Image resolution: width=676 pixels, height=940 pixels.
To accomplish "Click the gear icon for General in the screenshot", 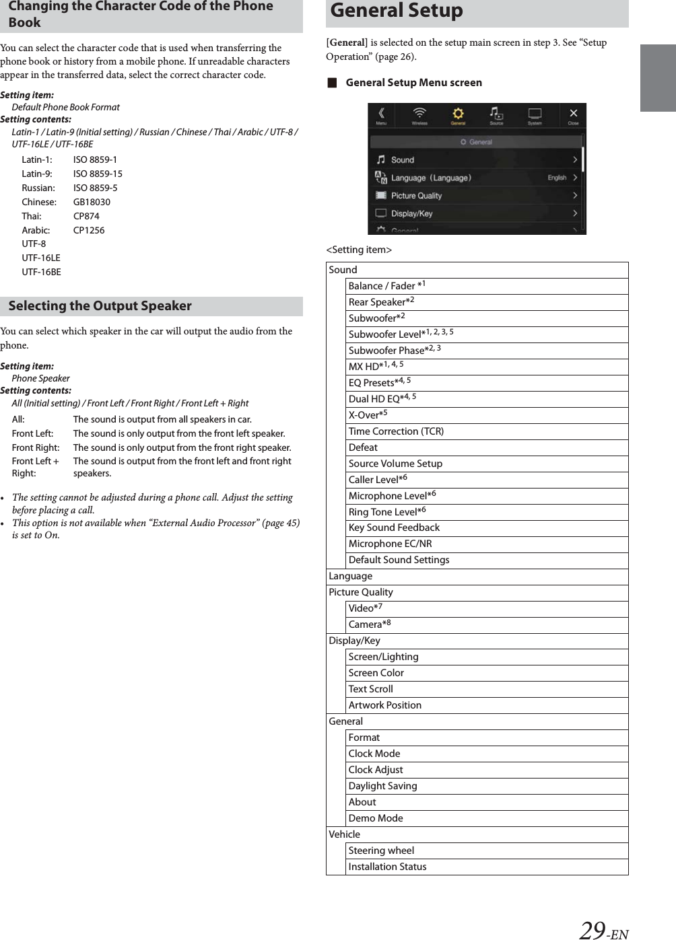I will tap(458, 114).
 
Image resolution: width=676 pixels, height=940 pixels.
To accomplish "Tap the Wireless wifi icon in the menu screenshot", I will tap(419, 114).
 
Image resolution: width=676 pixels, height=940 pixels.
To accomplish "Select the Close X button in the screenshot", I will tap(573, 114).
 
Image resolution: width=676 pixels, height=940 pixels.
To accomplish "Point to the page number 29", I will tap(592, 930).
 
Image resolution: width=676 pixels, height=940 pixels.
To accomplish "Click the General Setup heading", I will tap(397, 11).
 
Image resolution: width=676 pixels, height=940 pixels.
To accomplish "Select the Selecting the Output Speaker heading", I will tap(100, 306).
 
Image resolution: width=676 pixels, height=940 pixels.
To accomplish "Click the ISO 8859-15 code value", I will tap(98, 174).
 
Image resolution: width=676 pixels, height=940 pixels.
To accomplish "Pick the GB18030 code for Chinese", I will tap(92, 202).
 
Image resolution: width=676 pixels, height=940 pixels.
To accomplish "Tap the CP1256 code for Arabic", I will tap(89, 230).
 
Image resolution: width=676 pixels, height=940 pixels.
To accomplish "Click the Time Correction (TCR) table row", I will tap(396, 431).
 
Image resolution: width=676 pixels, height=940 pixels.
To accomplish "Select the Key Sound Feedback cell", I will tap(394, 528).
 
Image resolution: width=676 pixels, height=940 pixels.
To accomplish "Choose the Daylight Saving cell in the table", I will tap(382, 786).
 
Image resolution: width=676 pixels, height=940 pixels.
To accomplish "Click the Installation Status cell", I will tap(387, 867).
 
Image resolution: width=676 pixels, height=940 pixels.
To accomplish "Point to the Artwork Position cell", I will tap(384, 705).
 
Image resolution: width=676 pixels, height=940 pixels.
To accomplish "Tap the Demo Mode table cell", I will tap(376, 818).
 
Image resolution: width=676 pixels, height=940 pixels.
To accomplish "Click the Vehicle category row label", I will tap(344, 834).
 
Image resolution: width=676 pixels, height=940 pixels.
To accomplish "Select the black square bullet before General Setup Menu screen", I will tap(331, 83).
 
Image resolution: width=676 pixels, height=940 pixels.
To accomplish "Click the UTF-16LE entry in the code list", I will tap(40, 258).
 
